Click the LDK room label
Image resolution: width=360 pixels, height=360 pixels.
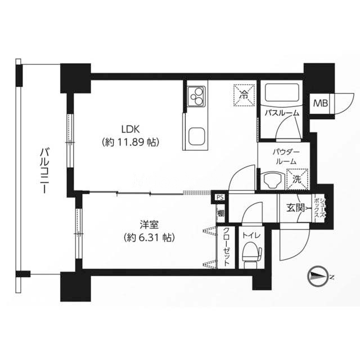point(130,129)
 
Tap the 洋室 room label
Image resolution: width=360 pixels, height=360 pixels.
point(149,225)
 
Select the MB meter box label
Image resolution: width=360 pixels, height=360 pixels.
point(321,103)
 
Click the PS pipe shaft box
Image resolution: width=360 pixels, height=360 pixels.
point(220,197)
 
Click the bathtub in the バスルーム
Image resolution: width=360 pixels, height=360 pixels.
point(282,93)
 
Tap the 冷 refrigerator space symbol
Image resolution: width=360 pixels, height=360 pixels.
point(244,95)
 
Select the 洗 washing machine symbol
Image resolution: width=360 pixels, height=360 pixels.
point(297,179)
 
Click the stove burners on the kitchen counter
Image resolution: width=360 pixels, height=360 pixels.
point(196,96)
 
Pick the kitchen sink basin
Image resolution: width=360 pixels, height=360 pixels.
point(196,136)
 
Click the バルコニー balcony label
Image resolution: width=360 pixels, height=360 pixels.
point(45,170)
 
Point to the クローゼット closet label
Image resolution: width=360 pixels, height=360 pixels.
point(226,247)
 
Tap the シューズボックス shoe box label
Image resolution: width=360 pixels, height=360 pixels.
point(320,209)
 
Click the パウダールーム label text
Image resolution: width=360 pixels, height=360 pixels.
point(286,157)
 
